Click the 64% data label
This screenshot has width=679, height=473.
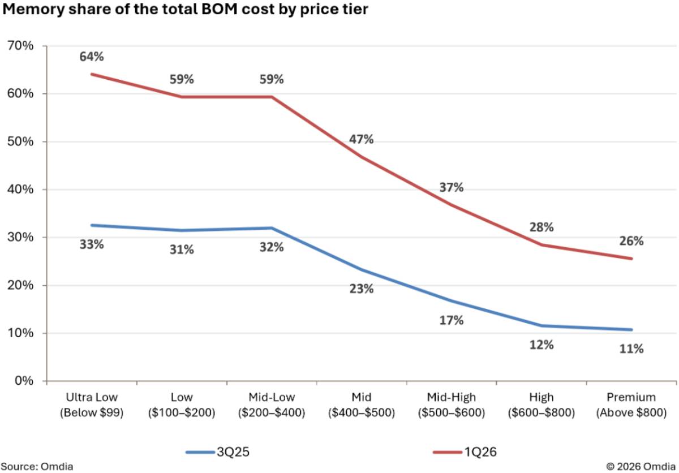92,57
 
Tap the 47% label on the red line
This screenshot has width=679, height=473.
362,139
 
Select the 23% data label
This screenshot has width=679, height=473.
362,289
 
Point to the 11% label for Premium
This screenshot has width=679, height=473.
631,349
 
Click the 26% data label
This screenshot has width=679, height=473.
631,241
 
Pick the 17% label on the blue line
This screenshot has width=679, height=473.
452,320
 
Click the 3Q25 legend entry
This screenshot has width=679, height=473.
217,452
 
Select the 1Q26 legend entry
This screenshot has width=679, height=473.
465,452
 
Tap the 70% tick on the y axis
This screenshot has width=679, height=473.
20,46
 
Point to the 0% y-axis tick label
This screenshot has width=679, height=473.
24,381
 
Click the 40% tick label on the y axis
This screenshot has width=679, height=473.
20,190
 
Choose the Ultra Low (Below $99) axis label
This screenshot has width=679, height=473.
92,405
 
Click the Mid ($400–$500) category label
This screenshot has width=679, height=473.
362,405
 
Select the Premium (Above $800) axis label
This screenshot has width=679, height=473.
631,405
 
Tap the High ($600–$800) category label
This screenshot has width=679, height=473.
542,405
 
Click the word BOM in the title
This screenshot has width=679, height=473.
219,9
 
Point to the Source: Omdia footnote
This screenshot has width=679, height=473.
37,466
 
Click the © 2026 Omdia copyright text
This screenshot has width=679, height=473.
641,466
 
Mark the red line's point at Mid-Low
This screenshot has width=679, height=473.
272,97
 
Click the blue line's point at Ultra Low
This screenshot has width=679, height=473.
92,225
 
